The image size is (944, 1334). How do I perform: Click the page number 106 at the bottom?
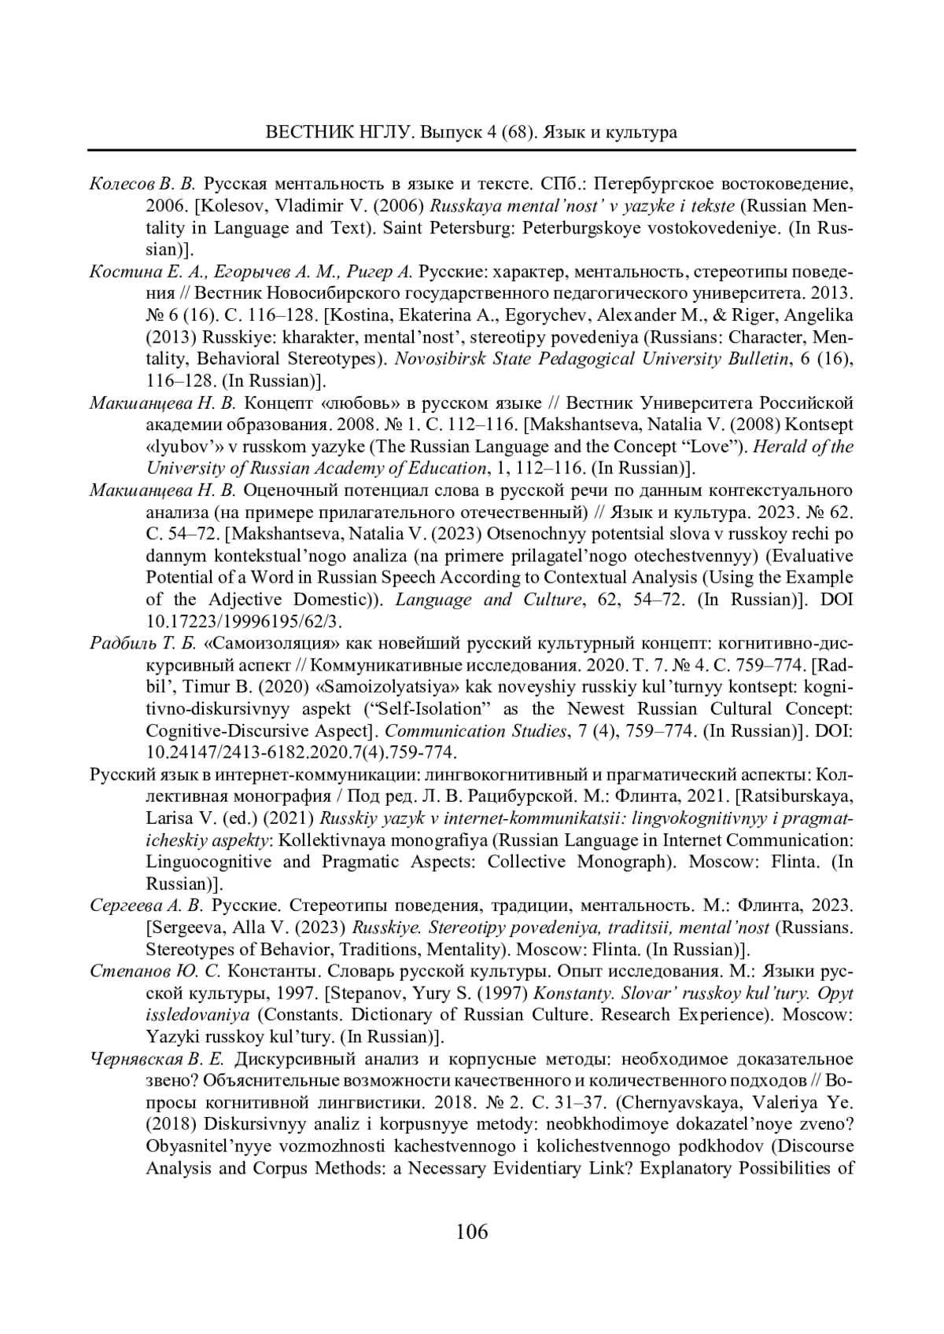point(472,1231)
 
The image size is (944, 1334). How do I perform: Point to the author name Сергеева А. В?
point(146,906)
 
